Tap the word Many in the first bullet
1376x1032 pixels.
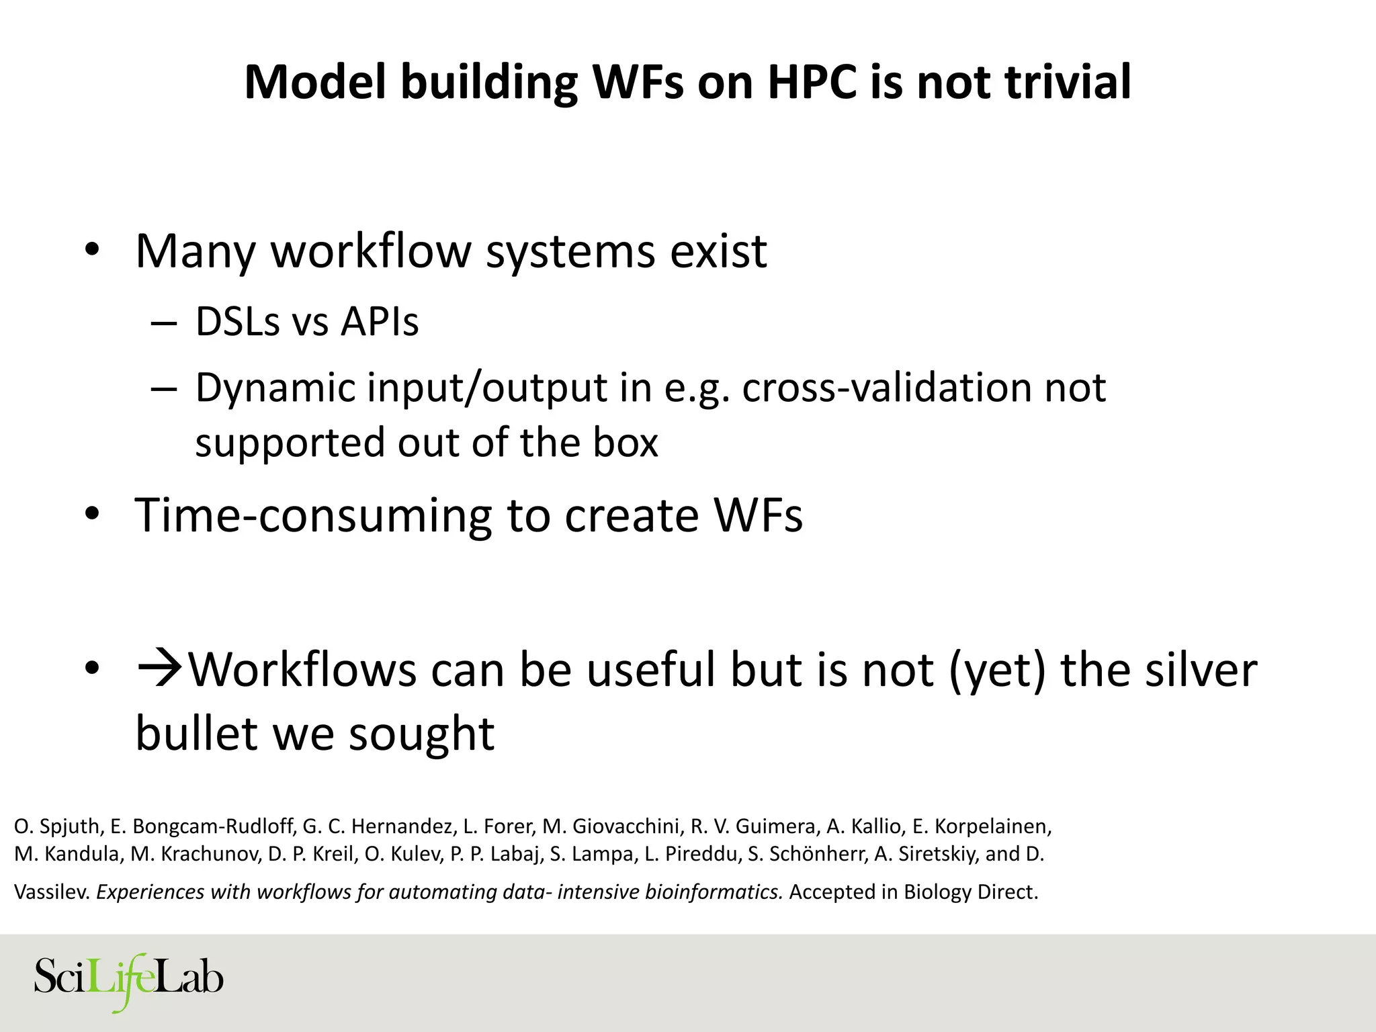pyautogui.click(x=196, y=251)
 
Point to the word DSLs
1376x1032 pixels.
pyautogui.click(x=237, y=322)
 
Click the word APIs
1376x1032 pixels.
pyautogui.click(x=380, y=322)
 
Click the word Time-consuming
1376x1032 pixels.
pyautogui.click(x=314, y=515)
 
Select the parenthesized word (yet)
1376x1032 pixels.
pyautogui.click(x=997, y=671)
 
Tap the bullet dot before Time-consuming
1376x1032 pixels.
pyautogui.click(x=93, y=515)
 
